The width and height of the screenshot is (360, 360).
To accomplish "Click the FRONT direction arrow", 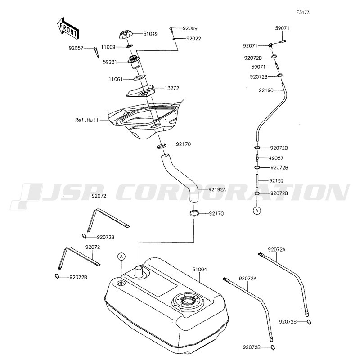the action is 68,29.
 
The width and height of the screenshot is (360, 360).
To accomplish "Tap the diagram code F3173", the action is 303,13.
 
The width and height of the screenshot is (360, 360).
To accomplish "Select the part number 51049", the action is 150,34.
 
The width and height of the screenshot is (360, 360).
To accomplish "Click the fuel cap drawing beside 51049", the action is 126,35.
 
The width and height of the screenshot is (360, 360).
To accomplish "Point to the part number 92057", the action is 76,48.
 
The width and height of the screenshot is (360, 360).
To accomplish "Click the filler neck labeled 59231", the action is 135,62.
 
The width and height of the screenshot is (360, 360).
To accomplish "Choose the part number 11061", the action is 116,80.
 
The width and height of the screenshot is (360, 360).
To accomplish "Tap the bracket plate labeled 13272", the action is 141,91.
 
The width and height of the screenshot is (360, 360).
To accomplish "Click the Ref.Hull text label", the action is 86,120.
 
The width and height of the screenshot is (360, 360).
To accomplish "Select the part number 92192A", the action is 217,189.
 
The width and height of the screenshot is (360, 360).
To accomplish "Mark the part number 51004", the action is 199,269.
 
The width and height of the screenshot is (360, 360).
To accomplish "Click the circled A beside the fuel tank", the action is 121,256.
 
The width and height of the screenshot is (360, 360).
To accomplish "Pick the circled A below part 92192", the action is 257,210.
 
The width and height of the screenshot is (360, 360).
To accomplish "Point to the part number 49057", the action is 276,158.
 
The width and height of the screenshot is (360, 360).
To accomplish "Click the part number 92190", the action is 266,90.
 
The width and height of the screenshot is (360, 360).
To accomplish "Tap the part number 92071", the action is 250,46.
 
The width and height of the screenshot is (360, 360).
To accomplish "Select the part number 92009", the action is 190,28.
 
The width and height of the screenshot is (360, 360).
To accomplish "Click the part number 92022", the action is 193,39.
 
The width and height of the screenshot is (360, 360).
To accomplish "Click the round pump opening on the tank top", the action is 189,300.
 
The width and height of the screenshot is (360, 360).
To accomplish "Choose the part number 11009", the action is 108,47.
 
